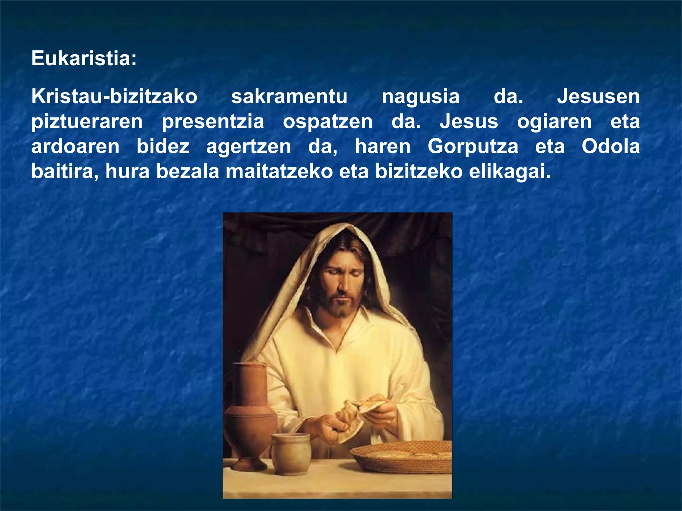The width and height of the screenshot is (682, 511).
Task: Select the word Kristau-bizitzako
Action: click(x=114, y=96)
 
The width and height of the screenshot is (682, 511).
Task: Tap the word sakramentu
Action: click(x=289, y=96)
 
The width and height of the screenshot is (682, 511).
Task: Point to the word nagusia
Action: click(x=420, y=97)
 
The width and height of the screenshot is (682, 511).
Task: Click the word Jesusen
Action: click(x=598, y=96)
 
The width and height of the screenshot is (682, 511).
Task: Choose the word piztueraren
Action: click(x=87, y=122)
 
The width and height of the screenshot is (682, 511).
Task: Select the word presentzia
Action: click(x=213, y=122)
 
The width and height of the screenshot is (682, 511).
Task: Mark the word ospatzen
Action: click(x=328, y=122)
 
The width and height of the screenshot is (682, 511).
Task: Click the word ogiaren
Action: click(x=554, y=122)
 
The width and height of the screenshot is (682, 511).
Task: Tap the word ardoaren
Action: click(x=75, y=146)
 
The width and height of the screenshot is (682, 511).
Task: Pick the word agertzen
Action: click(x=248, y=147)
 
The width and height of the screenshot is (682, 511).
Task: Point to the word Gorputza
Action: click(x=473, y=147)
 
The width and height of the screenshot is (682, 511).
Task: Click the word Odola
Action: click(x=611, y=146)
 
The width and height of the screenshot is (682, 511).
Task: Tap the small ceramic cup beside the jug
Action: click(x=290, y=454)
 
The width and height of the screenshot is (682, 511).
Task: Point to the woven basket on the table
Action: click(x=401, y=456)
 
